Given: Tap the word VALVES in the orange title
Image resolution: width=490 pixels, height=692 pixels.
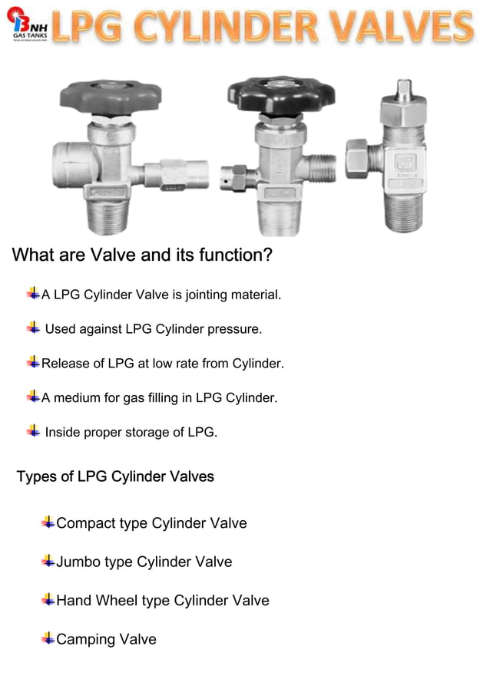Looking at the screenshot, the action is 405,27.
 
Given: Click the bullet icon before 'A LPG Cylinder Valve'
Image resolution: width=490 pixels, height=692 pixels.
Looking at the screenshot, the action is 33,293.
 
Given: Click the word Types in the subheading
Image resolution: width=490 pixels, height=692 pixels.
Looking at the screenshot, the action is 36,476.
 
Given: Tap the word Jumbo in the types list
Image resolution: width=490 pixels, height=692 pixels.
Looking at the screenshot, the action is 79,562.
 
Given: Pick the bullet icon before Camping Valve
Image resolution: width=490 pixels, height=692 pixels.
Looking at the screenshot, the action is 48,638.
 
